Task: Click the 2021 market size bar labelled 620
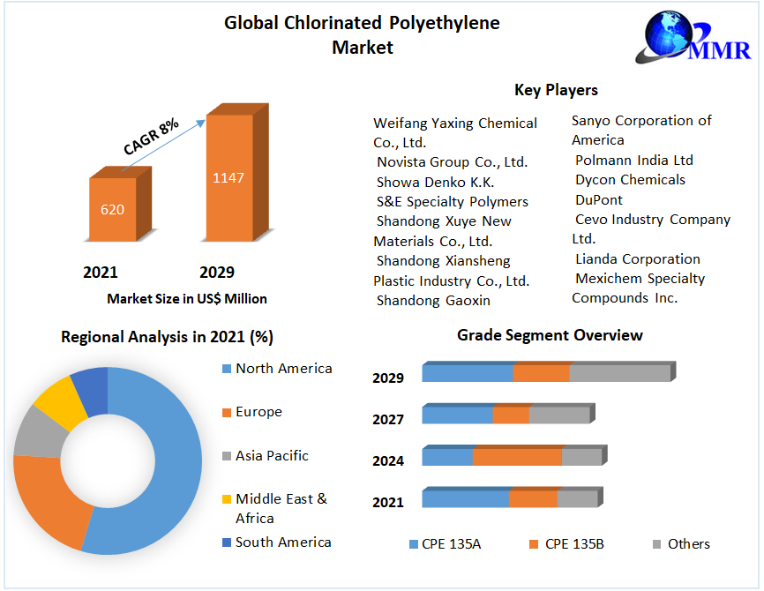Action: pos(113,210)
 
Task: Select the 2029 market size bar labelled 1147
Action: pos(228,177)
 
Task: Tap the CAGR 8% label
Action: pos(151,136)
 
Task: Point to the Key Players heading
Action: pos(556,90)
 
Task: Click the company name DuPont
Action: pos(599,200)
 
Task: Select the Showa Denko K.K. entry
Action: pos(435,182)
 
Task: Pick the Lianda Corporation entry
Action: pos(637,259)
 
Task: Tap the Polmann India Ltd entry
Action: pos(633,161)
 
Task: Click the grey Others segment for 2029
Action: pos(619,373)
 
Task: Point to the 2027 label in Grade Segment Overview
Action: pos(388,420)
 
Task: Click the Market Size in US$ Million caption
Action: pos(187,299)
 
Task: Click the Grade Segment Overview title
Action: pos(550,335)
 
